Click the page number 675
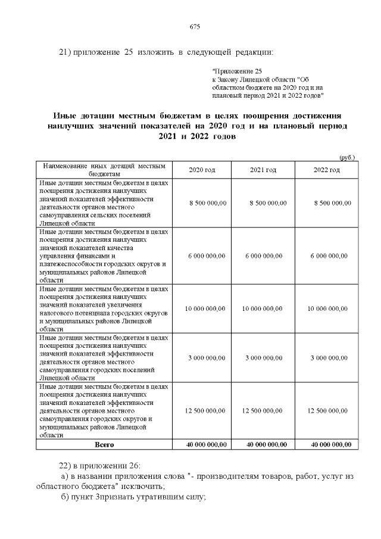[194, 27]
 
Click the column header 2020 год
[202, 170]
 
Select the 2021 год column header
[263, 170]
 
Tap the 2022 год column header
[327, 170]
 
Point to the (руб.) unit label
[346, 157]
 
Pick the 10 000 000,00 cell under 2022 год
[327, 309]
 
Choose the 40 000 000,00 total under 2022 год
[327, 444]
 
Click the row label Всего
[104, 444]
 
